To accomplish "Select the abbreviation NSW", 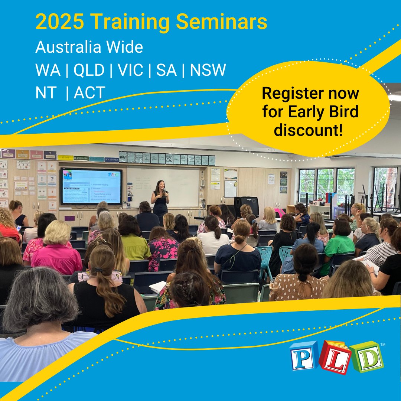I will click(208, 70).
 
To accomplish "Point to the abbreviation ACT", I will click(89, 92).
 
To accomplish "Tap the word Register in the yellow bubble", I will click(291, 93).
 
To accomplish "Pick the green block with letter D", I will click(366, 357).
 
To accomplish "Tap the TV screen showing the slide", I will click(91, 186).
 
